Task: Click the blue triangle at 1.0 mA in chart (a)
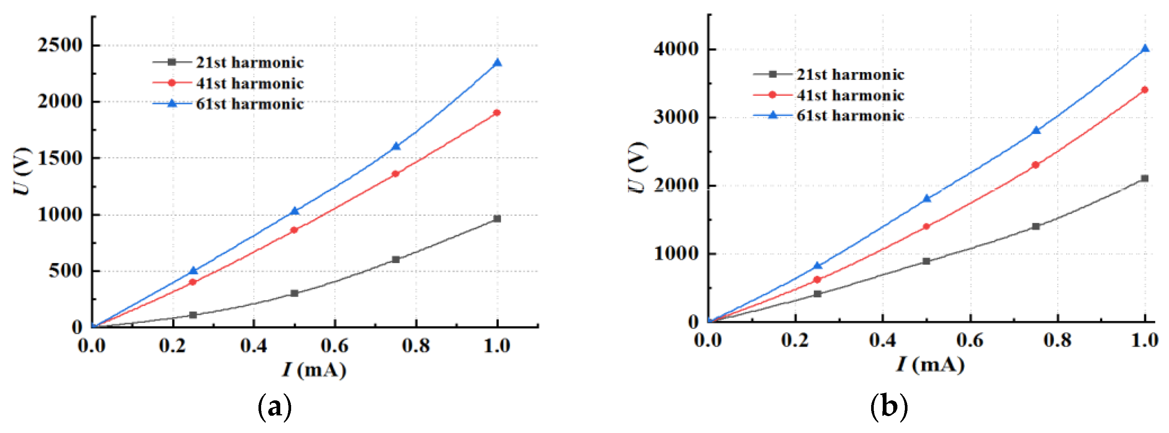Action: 497,63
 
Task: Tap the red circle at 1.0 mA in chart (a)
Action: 497,113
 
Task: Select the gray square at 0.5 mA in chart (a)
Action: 294,293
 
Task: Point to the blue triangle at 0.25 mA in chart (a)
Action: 193,271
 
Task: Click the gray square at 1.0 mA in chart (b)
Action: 1145,178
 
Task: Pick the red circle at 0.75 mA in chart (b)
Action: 1035,165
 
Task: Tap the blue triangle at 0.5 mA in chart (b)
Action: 927,198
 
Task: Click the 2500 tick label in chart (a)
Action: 60,45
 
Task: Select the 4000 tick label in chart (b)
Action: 676,49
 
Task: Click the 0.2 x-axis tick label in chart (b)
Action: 795,340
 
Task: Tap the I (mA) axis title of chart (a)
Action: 314,370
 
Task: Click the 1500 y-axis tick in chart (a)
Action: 60,158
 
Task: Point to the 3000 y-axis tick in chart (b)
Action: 676,117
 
